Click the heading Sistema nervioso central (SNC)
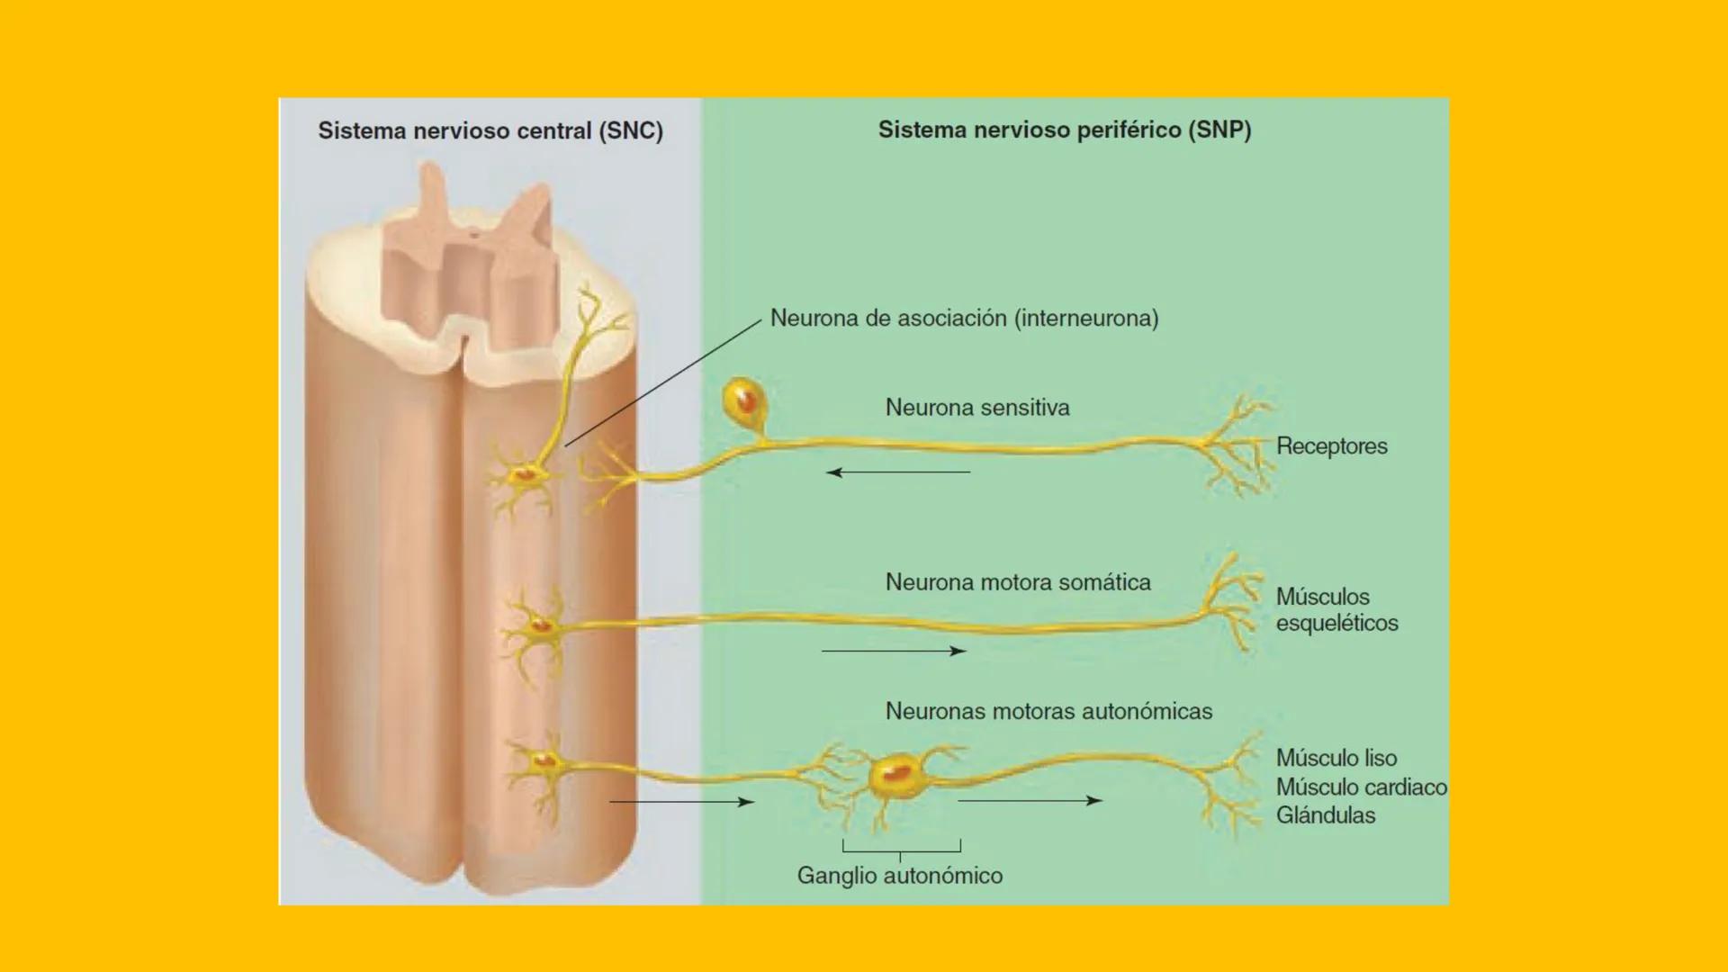490,131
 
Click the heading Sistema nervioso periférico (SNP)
1065,130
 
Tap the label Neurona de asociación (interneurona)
964,319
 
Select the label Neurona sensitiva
977,408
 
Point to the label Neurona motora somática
1018,582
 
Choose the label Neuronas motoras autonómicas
1048,711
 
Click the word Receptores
1332,446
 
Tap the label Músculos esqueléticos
1336,609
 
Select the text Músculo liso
1336,758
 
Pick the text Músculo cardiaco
1361,787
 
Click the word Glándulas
1326,815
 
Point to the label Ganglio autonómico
900,876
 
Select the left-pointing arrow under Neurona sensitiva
898,472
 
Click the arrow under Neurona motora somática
894,651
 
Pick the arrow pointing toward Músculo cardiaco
1030,800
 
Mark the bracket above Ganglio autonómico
901,848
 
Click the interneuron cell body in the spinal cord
523,472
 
